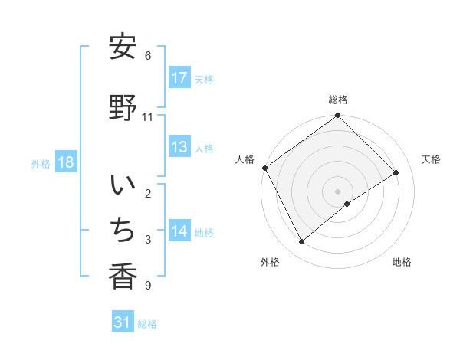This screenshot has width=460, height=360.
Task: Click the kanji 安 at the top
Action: [123, 47]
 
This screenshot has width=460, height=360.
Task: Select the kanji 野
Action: [123, 107]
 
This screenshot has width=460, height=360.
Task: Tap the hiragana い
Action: [123, 185]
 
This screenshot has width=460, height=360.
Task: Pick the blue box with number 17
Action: [179, 78]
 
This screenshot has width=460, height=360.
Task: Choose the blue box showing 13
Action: [179, 148]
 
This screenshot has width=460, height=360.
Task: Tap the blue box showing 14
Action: [179, 232]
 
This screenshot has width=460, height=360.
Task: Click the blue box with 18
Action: [66, 163]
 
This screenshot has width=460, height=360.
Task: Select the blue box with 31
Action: [123, 322]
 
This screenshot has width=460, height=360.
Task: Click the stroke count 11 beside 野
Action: [148, 117]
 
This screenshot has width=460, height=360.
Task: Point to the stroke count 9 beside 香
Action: [147, 286]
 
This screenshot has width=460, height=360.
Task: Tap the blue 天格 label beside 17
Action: [204, 79]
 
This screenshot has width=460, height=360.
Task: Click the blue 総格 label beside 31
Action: [147, 323]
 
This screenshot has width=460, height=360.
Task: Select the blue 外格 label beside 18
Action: [41, 164]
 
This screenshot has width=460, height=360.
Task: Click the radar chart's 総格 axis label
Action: [337, 100]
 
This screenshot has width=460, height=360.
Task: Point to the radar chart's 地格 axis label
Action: [402, 262]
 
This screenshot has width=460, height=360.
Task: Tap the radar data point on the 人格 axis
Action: [264, 168]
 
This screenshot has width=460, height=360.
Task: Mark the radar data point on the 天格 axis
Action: [396, 172]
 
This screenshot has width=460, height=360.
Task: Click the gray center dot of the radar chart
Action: [337, 191]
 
